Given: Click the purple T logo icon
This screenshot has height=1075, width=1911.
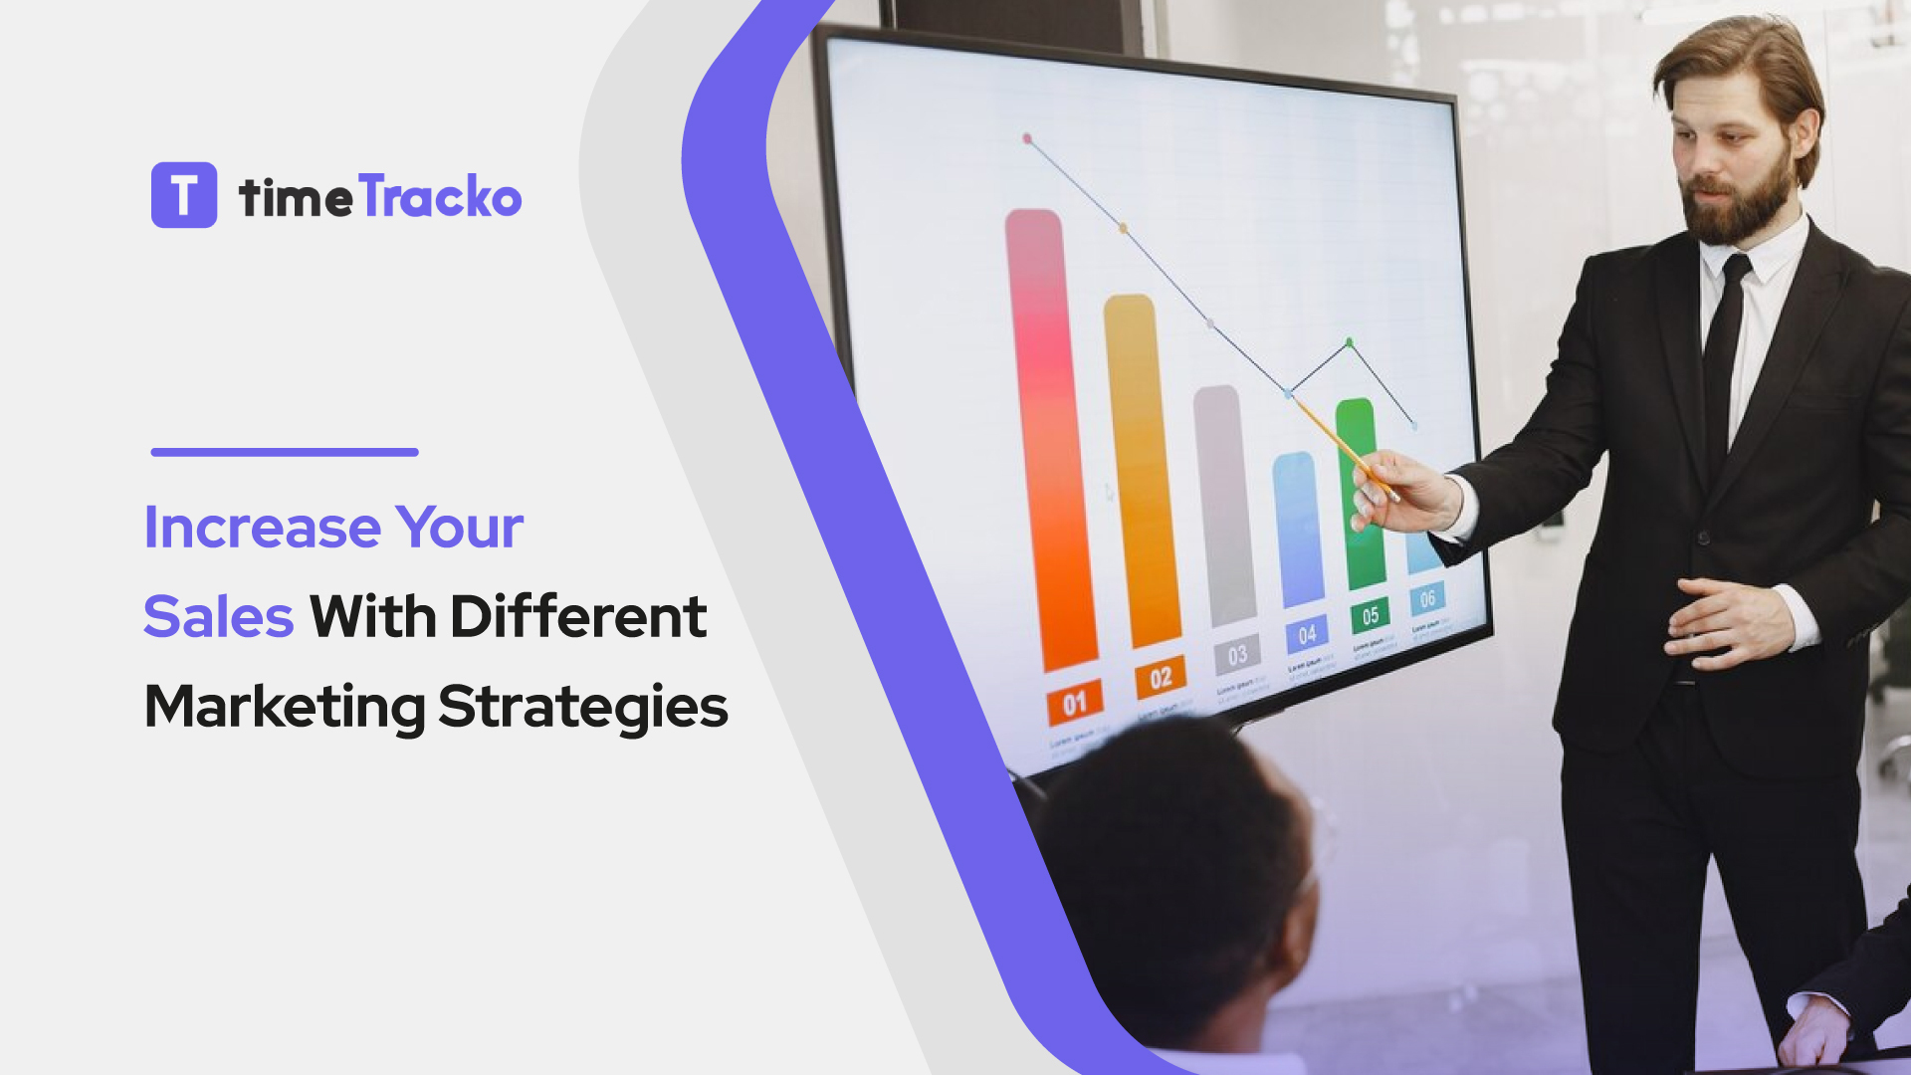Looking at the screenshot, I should point(184,195).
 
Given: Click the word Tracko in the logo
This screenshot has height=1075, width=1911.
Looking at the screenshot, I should point(439,196).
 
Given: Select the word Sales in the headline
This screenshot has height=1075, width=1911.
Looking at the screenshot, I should point(218,616).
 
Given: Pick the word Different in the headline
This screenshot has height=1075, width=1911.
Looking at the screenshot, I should point(578,616).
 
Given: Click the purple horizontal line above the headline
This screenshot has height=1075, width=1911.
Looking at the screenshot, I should point(285,452).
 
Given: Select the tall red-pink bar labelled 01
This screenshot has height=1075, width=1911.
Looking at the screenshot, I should point(1049,438).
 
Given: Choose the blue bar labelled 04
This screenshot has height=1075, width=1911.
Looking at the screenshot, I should point(1298,528).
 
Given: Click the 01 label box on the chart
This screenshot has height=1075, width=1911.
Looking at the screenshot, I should point(1074,704).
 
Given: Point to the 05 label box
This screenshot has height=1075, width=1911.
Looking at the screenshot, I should point(1370,616).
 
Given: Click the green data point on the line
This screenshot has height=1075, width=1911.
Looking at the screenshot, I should point(1350,342).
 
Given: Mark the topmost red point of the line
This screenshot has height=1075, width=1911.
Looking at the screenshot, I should point(1027,139).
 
